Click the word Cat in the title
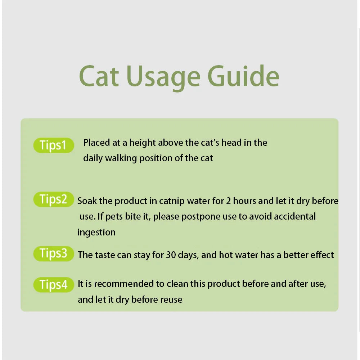coord(99,76)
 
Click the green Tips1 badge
coord(53,145)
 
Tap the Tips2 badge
coord(53,199)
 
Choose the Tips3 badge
coord(53,253)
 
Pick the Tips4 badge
coord(53,285)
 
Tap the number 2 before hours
coord(228,201)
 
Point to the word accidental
coord(295,216)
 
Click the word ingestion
coord(96,233)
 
